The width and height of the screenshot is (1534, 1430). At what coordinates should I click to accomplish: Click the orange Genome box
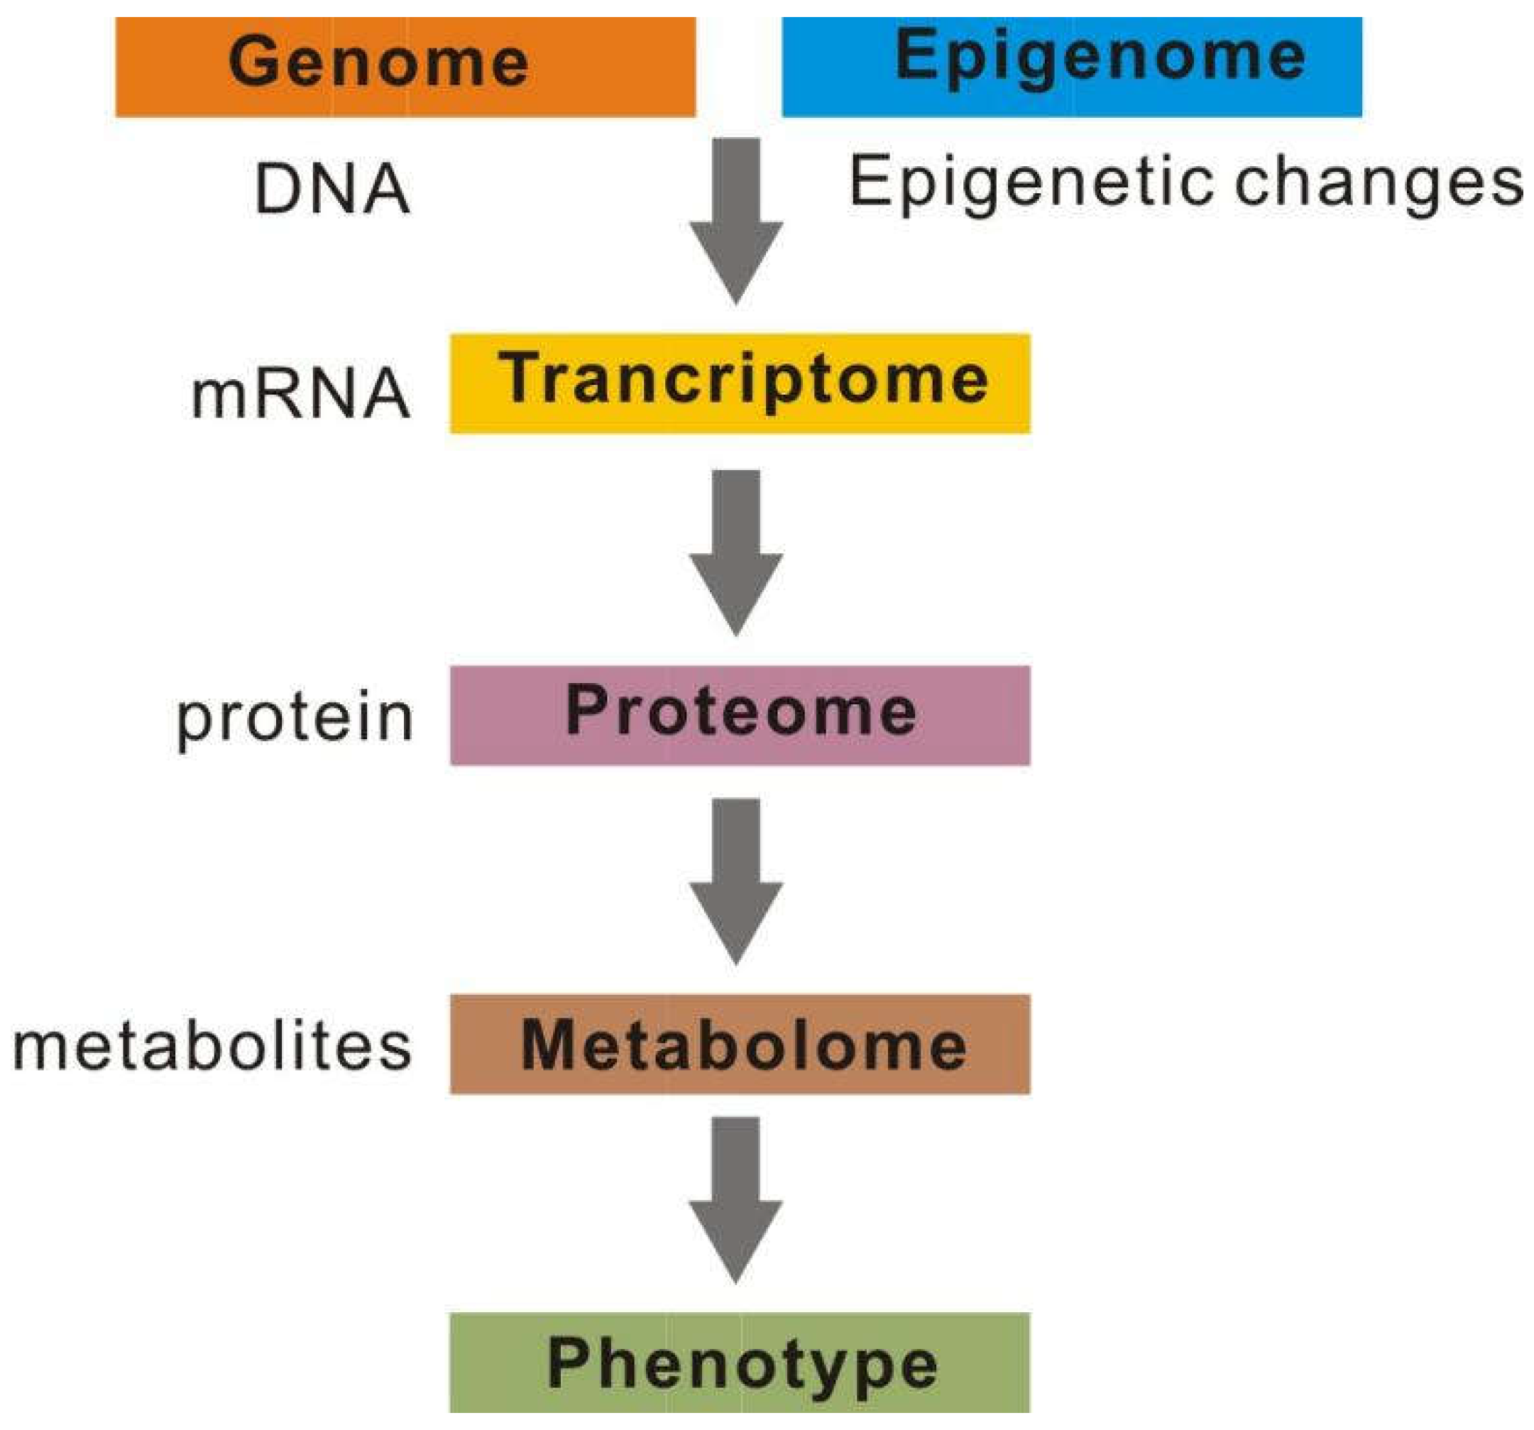[405, 67]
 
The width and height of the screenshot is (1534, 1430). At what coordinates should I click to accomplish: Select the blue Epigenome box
[1071, 67]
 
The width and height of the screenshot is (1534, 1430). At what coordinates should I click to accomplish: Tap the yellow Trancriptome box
[739, 383]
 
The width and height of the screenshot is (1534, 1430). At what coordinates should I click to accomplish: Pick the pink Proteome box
[739, 716]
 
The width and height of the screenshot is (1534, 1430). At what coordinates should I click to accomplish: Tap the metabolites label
[212, 1047]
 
